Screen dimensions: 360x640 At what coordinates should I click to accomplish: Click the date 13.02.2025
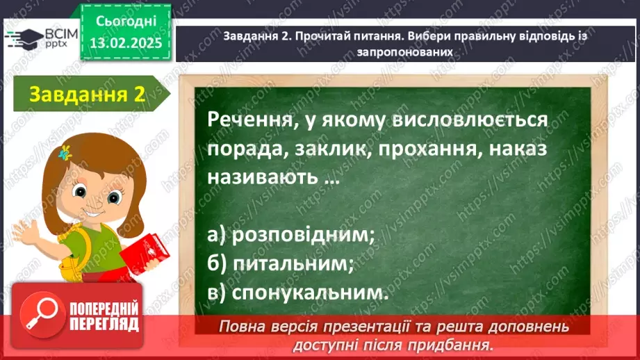pyautogui.click(x=125, y=43)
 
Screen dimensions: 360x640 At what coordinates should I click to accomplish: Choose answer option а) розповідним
pyautogui.click(x=291, y=236)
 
